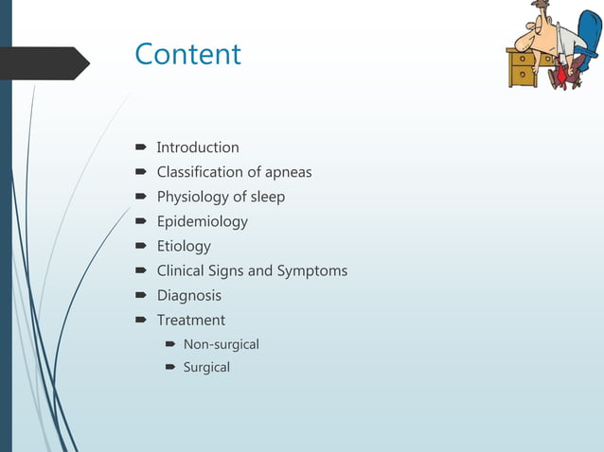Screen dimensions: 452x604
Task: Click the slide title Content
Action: tap(187, 54)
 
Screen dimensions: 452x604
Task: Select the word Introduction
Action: tap(198, 148)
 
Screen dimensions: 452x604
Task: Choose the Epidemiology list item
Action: tap(202, 221)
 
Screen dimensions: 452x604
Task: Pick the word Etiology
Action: tap(184, 246)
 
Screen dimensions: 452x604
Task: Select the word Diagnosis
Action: tap(189, 295)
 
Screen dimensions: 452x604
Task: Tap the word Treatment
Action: tap(191, 320)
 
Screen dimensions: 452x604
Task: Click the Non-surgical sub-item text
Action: tap(221, 344)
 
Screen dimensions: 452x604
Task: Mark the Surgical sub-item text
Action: tap(206, 367)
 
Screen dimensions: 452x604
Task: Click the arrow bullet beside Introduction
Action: tap(139, 148)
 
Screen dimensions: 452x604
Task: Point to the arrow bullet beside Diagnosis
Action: tap(139, 295)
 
